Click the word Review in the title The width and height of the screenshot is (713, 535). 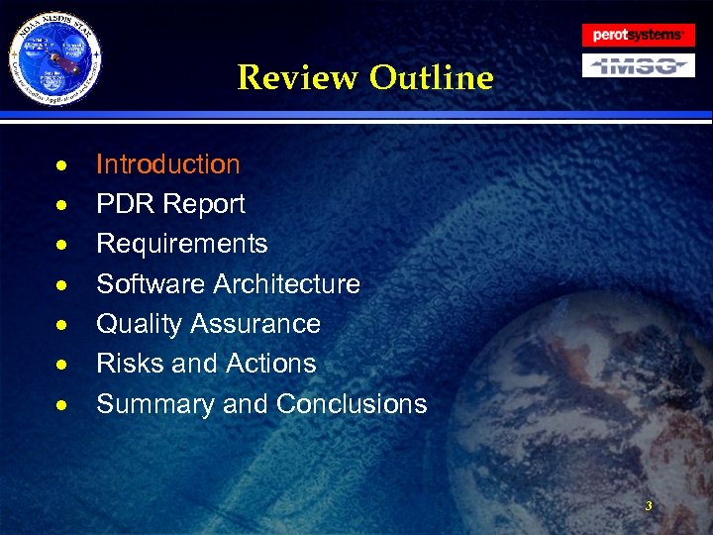(298, 77)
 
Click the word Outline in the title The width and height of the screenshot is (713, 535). (431, 77)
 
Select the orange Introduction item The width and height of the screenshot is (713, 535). (167, 164)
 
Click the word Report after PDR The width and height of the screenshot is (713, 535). (204, 204)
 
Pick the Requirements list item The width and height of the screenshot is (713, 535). (181, 244)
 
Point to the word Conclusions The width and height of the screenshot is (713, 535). (352, 404)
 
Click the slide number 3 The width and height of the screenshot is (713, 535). (648, 506)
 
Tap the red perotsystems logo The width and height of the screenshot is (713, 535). (637, 35)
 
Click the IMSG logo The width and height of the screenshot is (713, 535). (637, 65)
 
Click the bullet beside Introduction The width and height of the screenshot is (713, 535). (61, 165)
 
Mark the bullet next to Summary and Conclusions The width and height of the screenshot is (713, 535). (61, 405)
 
